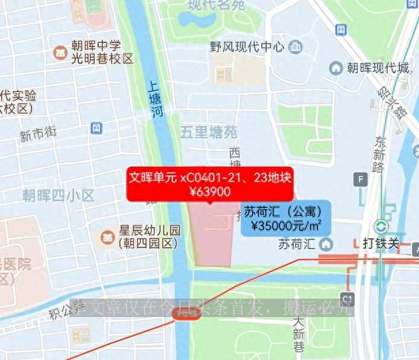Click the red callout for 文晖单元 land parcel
[210, 185]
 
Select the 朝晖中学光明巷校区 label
[102, 52]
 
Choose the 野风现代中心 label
[247, 47]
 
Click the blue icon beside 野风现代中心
[295, 47]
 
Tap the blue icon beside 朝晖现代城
[335, 67]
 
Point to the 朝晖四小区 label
[58, 195]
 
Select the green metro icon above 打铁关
[382, 227]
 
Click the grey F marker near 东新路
[360, 179]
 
